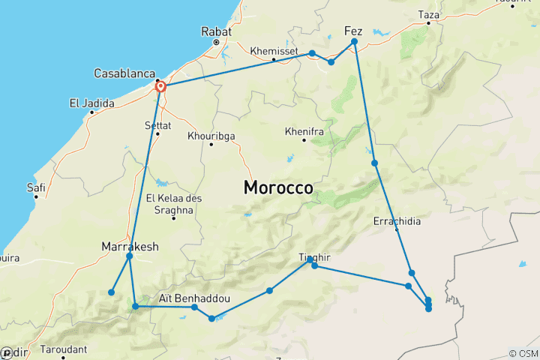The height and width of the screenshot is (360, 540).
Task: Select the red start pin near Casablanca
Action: click(160, 87)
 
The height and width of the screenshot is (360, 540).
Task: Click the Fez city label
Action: click(353, 31)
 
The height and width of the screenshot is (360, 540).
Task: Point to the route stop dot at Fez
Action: click(354, 41)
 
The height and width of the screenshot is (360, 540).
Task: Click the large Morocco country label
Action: click(278, 188)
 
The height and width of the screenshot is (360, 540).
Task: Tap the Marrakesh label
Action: click(129, 245)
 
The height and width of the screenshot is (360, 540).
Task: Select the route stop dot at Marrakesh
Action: click(130, 256)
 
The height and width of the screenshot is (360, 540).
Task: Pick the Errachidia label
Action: click(397, 221)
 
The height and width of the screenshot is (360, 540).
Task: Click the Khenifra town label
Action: click(303, 131)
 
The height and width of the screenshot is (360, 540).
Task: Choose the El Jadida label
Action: click(91, 103)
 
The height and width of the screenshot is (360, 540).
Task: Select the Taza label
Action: click(428, 14)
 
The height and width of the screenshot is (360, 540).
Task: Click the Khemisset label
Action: click(274, 50)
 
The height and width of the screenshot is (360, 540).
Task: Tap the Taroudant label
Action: click(63, 349)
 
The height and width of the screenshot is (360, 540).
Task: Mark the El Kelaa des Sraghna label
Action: click(174, 203)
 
